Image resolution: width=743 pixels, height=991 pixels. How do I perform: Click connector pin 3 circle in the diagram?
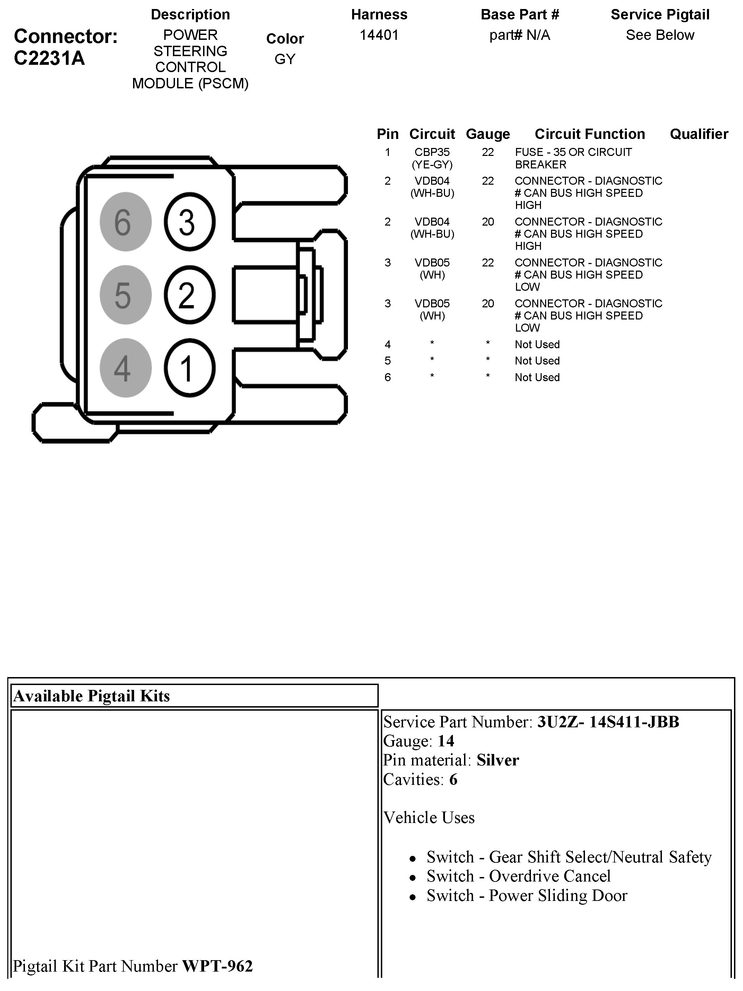click(x=190, y=222)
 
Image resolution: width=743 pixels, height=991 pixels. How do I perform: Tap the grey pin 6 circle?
click(x=125, y=222)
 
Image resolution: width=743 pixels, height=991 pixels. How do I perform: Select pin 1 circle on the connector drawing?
click(x=190, y=368)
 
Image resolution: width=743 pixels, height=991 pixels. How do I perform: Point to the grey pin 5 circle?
click(x=125, y=295)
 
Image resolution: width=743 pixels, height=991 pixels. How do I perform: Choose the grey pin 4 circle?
click(x=125, y=368)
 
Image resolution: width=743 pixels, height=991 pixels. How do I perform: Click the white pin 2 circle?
click(x=190, y=295)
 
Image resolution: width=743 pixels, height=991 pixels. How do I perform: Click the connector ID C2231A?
click(x=49, y=58)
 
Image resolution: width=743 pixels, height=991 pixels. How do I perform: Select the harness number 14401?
click(x=379, y=35)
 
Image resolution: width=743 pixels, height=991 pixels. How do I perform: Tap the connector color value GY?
click(x=285, y=59)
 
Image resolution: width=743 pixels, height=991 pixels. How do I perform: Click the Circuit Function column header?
click(x=590, y=134)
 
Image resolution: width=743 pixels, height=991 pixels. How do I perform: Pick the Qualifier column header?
click(x=699, y=134)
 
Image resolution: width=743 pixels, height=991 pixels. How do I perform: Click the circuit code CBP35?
click(x=432, y=152)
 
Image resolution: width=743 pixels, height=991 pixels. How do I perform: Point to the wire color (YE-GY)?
click(x=432, y=165)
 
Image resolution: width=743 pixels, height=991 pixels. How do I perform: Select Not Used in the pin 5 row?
click(x=537, y=361)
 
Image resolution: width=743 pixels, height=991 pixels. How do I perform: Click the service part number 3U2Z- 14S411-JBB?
click(x=608, y=722)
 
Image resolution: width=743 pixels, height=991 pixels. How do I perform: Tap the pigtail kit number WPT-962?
click(x=217, y=966)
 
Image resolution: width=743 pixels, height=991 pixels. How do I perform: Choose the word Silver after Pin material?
click(x=497, y=760)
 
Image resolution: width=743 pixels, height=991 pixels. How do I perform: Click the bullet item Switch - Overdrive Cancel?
click(x=518, y=876)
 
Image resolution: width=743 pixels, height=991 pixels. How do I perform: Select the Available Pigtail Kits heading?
click(x=92, y=696)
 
